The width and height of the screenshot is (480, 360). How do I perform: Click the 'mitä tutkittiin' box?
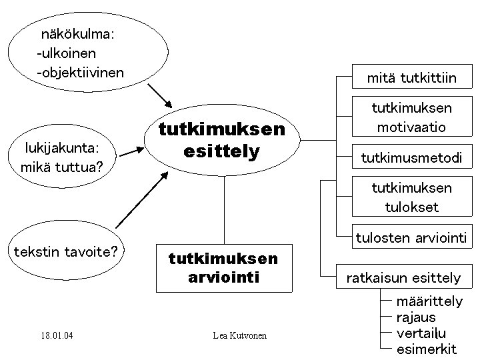(x=411, y=78)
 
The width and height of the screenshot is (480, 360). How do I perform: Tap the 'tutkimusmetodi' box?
(x=411, y=157)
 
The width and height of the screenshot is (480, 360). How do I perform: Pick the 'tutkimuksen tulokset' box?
(x=411, y=197)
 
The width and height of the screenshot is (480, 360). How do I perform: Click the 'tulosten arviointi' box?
(x=411, y=237)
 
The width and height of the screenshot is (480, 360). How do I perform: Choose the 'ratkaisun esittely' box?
(x=411, y=277)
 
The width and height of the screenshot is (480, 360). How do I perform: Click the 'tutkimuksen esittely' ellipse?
(x=222, y=141)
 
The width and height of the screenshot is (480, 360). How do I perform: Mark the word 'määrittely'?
(x=429, y=301)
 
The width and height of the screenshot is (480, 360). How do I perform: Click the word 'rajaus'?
(x=415, y=317)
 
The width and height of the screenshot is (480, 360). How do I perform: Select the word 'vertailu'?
(x=421, y=333)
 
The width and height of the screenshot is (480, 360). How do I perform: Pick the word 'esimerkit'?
(x=425, y=349)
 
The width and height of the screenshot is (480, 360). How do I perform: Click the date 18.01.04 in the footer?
(x=57, y=335)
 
